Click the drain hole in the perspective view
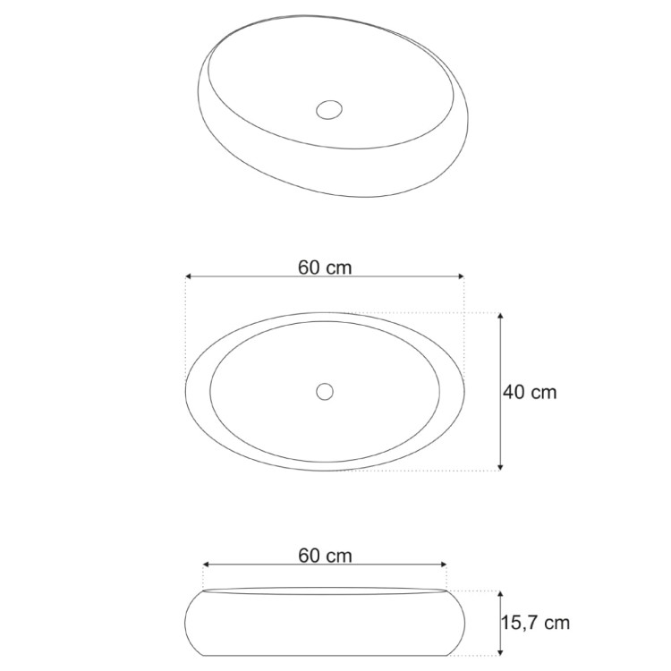(x=329, y=109)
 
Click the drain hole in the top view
(x=325, y=392)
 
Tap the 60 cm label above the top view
(x=325, y=268)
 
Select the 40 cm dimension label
(x=530, y=392)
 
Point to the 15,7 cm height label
(x=535, y=623)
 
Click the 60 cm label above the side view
(x=326, y=556)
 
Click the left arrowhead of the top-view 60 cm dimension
(x=189, y=276)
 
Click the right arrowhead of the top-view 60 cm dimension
(x=461, y=276)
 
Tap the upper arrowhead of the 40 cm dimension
(x=501, y=316)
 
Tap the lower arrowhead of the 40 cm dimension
(x=501, y=467)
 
